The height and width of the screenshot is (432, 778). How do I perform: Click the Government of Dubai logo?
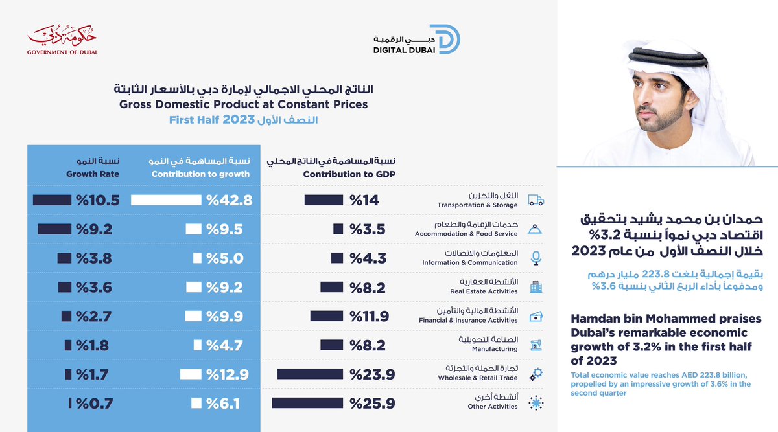[62, 41]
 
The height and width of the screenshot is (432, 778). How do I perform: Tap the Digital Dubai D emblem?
[445, 40]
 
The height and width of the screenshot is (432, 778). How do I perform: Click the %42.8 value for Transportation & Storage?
[229, 200]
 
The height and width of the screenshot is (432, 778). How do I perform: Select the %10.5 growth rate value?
[97, 200]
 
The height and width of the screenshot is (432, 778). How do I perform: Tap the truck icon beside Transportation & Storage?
[536, 200]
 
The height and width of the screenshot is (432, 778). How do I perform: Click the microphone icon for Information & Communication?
[536, 258]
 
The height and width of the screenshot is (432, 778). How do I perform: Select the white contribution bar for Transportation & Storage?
[166, 200]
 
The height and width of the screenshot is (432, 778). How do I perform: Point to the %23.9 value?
[373, 374]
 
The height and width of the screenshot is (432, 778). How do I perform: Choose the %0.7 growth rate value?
[94, 404]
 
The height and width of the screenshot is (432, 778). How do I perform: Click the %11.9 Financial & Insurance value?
[369, 316]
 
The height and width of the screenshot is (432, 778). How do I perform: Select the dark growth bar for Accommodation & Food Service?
[54, 229]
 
